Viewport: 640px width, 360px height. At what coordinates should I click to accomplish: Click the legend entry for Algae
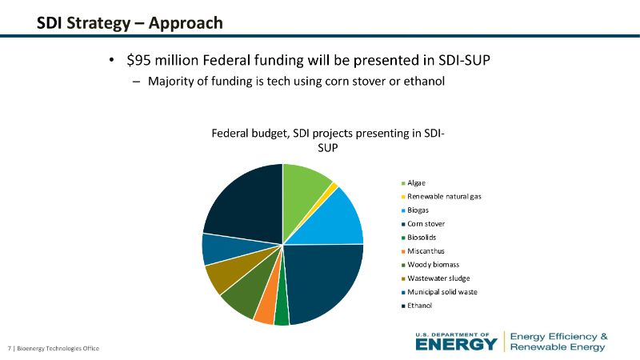(x=416, y=183)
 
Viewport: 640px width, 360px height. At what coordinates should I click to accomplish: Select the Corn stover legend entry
(x=426, y=224)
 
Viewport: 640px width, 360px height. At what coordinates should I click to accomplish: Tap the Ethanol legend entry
(x=420, y=306)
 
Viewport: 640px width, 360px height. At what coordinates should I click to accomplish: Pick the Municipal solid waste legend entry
(x=442, y=292)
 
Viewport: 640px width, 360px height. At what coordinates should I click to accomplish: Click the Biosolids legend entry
(x=422, y=238)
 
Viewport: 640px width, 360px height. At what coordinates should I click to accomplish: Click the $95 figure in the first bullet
(x=143, y=60)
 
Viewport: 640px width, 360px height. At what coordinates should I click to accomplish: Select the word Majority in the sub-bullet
(x=170, y=82)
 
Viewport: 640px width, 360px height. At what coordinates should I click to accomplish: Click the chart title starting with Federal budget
(x=328, y=141)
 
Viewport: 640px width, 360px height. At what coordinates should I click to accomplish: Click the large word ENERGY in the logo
(x=456, y=344)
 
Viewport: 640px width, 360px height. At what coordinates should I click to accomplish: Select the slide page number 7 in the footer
(x=9, y=348)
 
